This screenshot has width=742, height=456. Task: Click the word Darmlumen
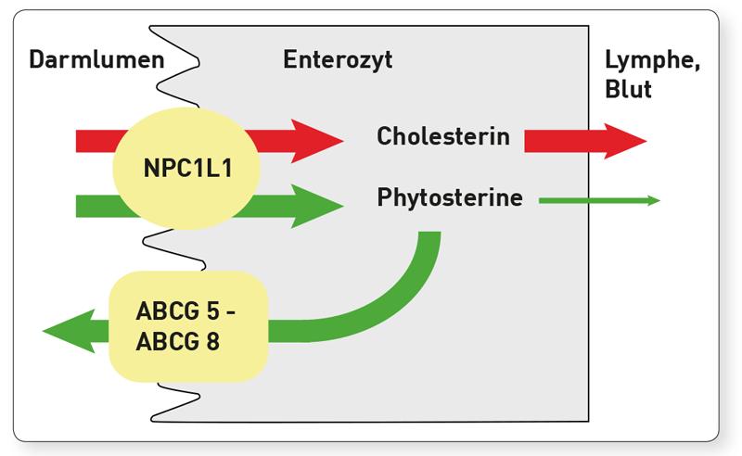96,59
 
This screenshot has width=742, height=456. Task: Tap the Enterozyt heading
338,59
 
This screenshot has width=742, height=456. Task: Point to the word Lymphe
652,60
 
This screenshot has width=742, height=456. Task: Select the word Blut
628,88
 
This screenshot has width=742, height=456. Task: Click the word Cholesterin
443,136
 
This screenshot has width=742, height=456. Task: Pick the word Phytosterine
450,197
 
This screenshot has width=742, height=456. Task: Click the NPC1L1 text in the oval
188,168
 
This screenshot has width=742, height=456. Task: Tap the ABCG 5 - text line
185,311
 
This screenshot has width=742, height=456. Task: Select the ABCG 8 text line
177,341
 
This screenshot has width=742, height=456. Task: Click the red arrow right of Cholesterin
585,141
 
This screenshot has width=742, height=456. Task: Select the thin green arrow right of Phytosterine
599,200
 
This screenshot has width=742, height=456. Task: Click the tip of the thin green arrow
660,200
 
